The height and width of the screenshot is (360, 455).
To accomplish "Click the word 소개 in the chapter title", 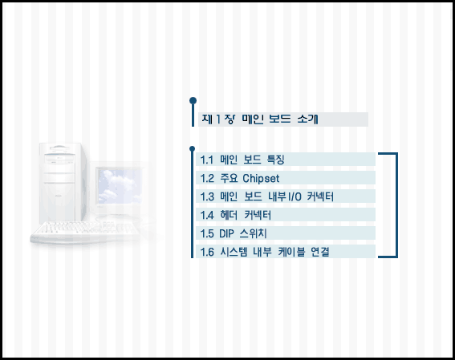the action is coord(307,119).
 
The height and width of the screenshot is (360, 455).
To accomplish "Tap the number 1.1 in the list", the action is coord(206,160).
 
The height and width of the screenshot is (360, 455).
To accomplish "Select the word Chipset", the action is coord(261,179).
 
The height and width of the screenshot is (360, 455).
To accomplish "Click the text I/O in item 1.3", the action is coord(295,197).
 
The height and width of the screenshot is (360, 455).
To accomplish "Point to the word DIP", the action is coord(226,233).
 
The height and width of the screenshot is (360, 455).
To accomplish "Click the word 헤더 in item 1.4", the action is coord(229,215).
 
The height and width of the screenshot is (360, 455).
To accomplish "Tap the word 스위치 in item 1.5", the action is coord(254,233).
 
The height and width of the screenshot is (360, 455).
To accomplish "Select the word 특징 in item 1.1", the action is coord(275,160).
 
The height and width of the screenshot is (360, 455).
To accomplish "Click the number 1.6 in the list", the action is coord(207,253).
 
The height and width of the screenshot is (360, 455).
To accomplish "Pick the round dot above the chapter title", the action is coord(193,100).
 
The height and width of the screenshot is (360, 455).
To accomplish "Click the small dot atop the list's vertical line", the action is coord(192,149).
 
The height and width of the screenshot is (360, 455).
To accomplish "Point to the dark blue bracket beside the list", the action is coord(396,205).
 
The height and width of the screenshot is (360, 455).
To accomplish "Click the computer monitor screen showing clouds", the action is coord(120,186).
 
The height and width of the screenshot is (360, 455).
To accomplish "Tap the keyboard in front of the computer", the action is coord(85,232).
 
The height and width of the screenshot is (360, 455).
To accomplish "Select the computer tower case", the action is coord(63,183).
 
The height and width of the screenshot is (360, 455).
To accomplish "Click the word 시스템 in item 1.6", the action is coord(234,252).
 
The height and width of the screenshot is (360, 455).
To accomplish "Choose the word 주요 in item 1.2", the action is coord(229,178).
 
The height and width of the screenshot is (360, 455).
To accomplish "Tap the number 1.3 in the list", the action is coord(207,197).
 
